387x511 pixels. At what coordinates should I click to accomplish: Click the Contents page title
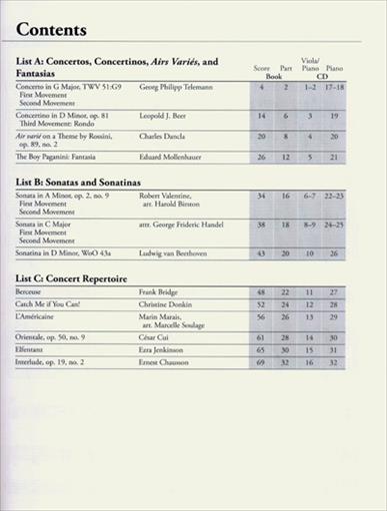point(52,30)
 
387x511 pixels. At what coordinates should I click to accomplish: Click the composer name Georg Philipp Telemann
point(178,88)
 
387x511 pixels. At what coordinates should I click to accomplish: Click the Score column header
point(262,67)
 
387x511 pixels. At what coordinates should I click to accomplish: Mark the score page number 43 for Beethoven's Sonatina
point(261,253)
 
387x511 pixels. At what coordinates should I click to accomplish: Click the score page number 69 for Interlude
point(261,365)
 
